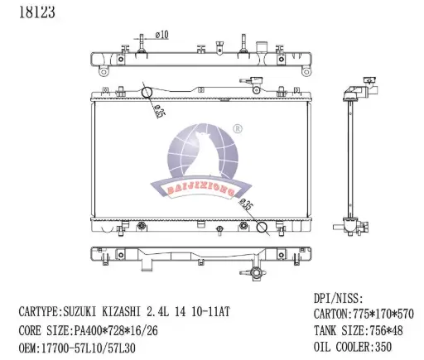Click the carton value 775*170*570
tap(383, 314)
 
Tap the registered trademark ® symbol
tap(237, 129)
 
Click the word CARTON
tap(332, 314)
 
